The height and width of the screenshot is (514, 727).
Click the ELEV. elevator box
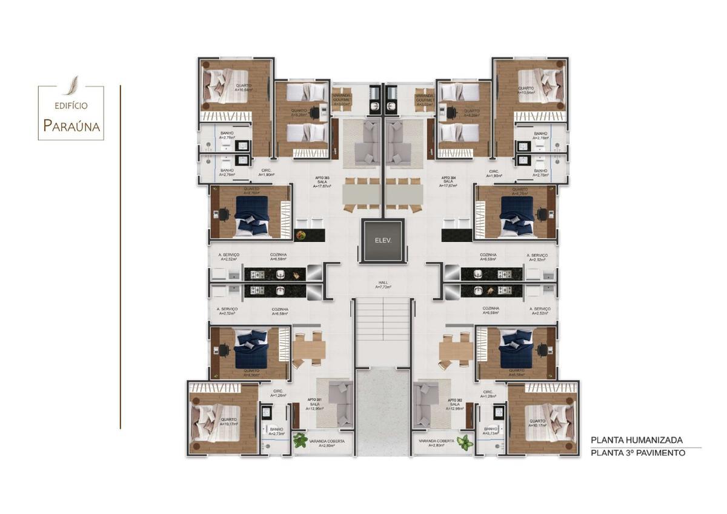(x=382, y=241)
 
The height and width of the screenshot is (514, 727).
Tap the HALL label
(x=382, y=285)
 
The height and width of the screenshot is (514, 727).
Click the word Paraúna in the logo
(x=71, y=126)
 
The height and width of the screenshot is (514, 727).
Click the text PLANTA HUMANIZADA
(x=637, y=440)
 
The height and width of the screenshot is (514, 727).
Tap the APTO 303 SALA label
(x=321, y=182)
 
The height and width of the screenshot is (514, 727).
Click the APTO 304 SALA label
(x=448, y=182)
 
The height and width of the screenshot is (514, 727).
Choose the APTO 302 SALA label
(x=456, y=404)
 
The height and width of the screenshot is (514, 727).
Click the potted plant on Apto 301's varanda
(x=300, y=441)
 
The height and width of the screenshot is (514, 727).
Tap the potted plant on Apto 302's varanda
(x=465, y=442)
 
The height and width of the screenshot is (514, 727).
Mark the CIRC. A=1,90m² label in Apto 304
(x=494, y=173)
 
